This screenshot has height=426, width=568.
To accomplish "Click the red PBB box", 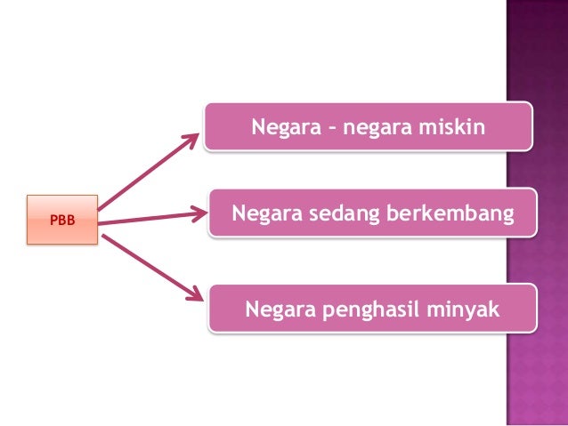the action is click(x=61, y=219).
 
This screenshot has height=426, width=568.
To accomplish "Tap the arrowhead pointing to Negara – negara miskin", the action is click(x=193, y=141).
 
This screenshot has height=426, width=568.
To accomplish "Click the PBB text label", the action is click(x=61, y=219).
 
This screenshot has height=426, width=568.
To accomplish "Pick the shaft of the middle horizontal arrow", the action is click(x=147, y=217).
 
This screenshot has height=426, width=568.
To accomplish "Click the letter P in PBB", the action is click(x=53, y=219).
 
